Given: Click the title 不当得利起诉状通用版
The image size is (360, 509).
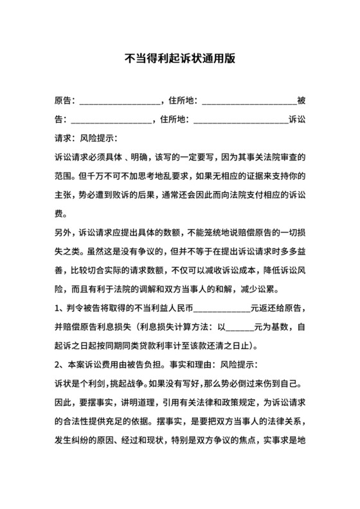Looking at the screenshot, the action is click(179, 58).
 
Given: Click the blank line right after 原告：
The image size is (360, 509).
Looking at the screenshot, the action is click(119, 102).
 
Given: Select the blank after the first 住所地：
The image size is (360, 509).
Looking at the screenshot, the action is click(249, 102).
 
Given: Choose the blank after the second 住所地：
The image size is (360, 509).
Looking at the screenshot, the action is click(240, 120).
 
